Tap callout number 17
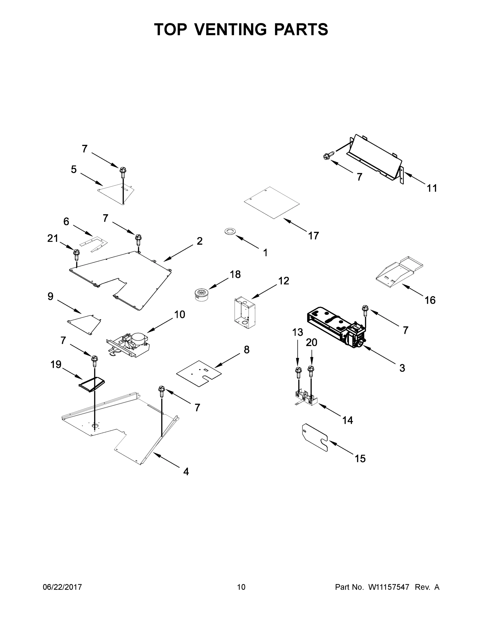pos(313,236)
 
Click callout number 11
pos(432,188)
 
